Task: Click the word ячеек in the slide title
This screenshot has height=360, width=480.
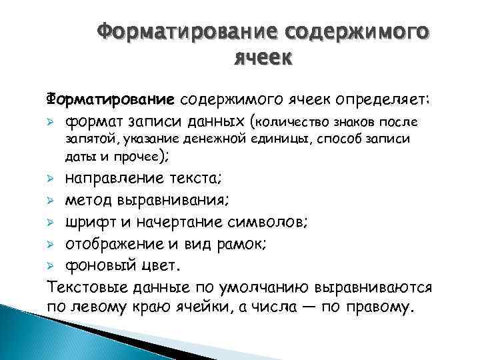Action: pos(263,58)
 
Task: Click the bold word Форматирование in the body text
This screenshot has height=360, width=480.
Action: pos(111,100)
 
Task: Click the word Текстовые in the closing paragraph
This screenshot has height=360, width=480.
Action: pos(85,288)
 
